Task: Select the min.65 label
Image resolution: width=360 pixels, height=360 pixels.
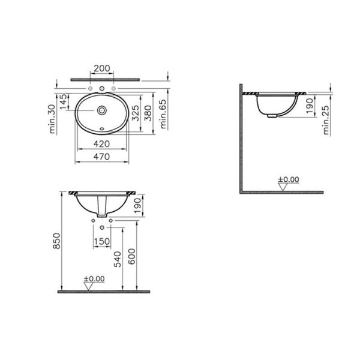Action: [x=162, y=116]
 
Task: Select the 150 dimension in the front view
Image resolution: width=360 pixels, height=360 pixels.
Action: [x=102, y=241]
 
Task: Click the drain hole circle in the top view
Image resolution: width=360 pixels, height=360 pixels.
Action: [x=103, y=110]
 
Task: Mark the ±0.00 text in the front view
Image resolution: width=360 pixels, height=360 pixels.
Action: [x=93, y=278]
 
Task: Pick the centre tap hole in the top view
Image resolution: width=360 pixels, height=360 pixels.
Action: [x=103, y=90]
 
